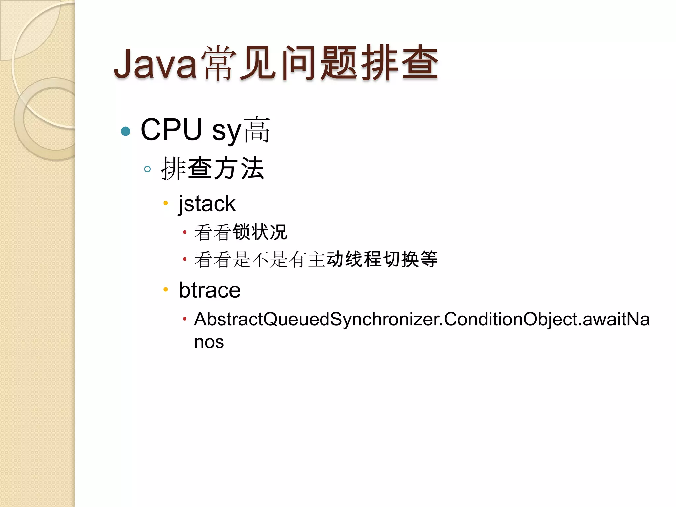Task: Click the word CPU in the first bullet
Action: pos(171,130)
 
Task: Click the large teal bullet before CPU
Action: pos(126,131)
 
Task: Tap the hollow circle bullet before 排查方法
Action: pos(147,169)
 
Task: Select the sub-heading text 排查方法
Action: pos(213,169)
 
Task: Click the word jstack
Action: pos(207,203)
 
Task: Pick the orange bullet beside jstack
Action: pos(166,203)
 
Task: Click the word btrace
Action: pos(210,290)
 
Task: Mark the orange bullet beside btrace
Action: pos(166,290)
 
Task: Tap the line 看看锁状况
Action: pos(241,232)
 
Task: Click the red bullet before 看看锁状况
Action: pos(185,232)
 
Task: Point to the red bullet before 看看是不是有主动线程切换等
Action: pos(185,259)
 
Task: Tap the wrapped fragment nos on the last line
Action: pos(209,342)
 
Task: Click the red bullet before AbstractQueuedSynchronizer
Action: pos(185,319)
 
